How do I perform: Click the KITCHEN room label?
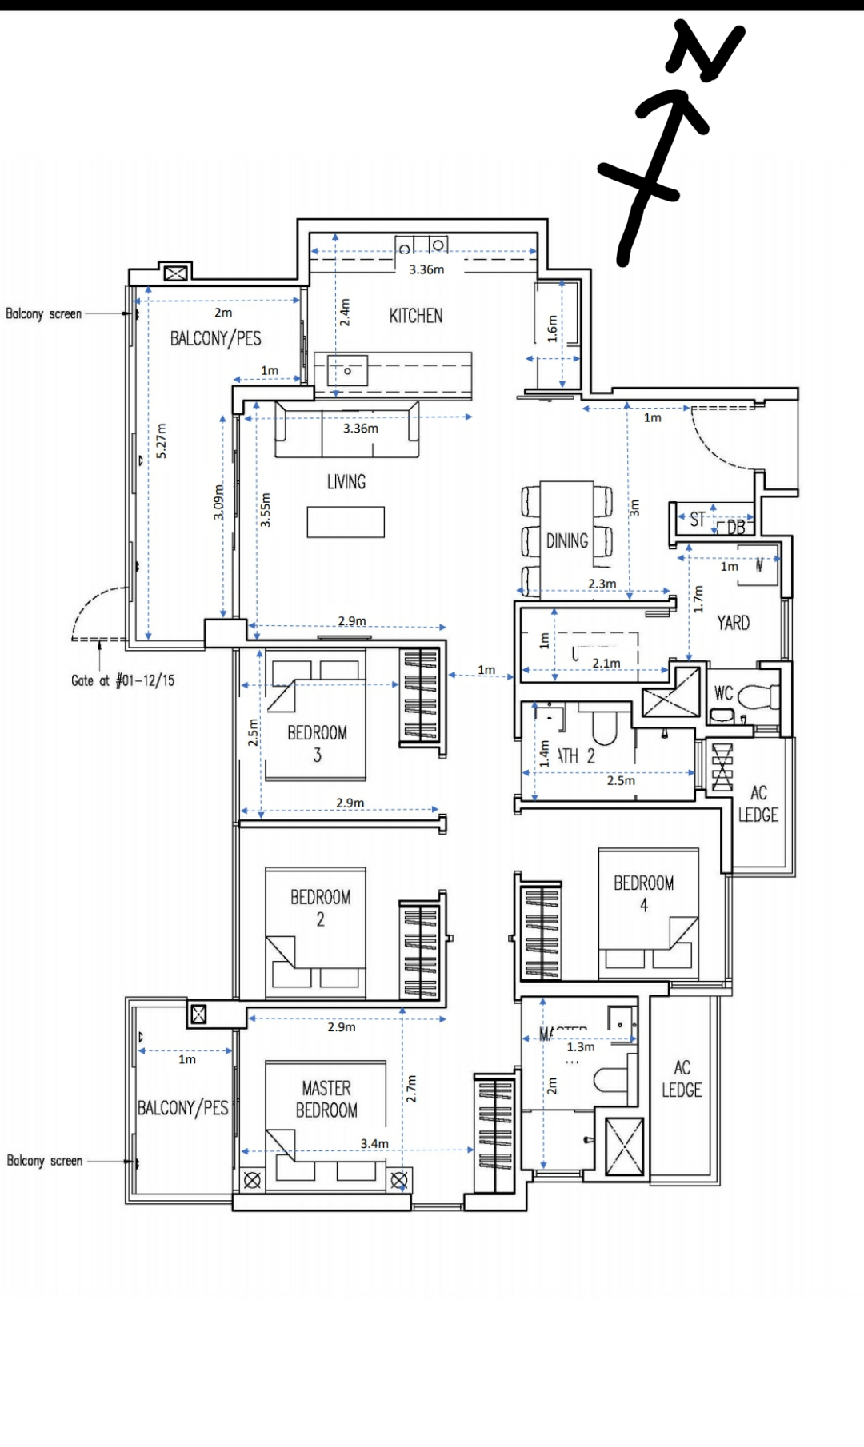point(415,316)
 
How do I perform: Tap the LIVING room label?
point(346,482)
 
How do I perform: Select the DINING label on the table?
point(566,541)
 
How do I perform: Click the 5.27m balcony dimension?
point(162,440)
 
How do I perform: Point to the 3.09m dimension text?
point(219,502)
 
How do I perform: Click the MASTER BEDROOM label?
point(326,1099)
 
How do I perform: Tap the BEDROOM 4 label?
point(643,893)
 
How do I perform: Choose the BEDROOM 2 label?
point(320,908)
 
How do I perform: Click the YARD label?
point(733,623)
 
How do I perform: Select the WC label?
point(723,693)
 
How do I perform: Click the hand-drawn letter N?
point(706,52)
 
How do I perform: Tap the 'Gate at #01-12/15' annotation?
point(122,680)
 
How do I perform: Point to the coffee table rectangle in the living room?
point(346,522)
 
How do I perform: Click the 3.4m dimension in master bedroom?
point(374,1143)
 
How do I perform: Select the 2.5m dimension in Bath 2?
point(621,780)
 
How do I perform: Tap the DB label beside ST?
point(735,528)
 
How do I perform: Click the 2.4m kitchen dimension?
point(345,312)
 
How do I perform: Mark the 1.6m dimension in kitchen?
point(552,329)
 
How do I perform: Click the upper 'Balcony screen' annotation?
point(44,314)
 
